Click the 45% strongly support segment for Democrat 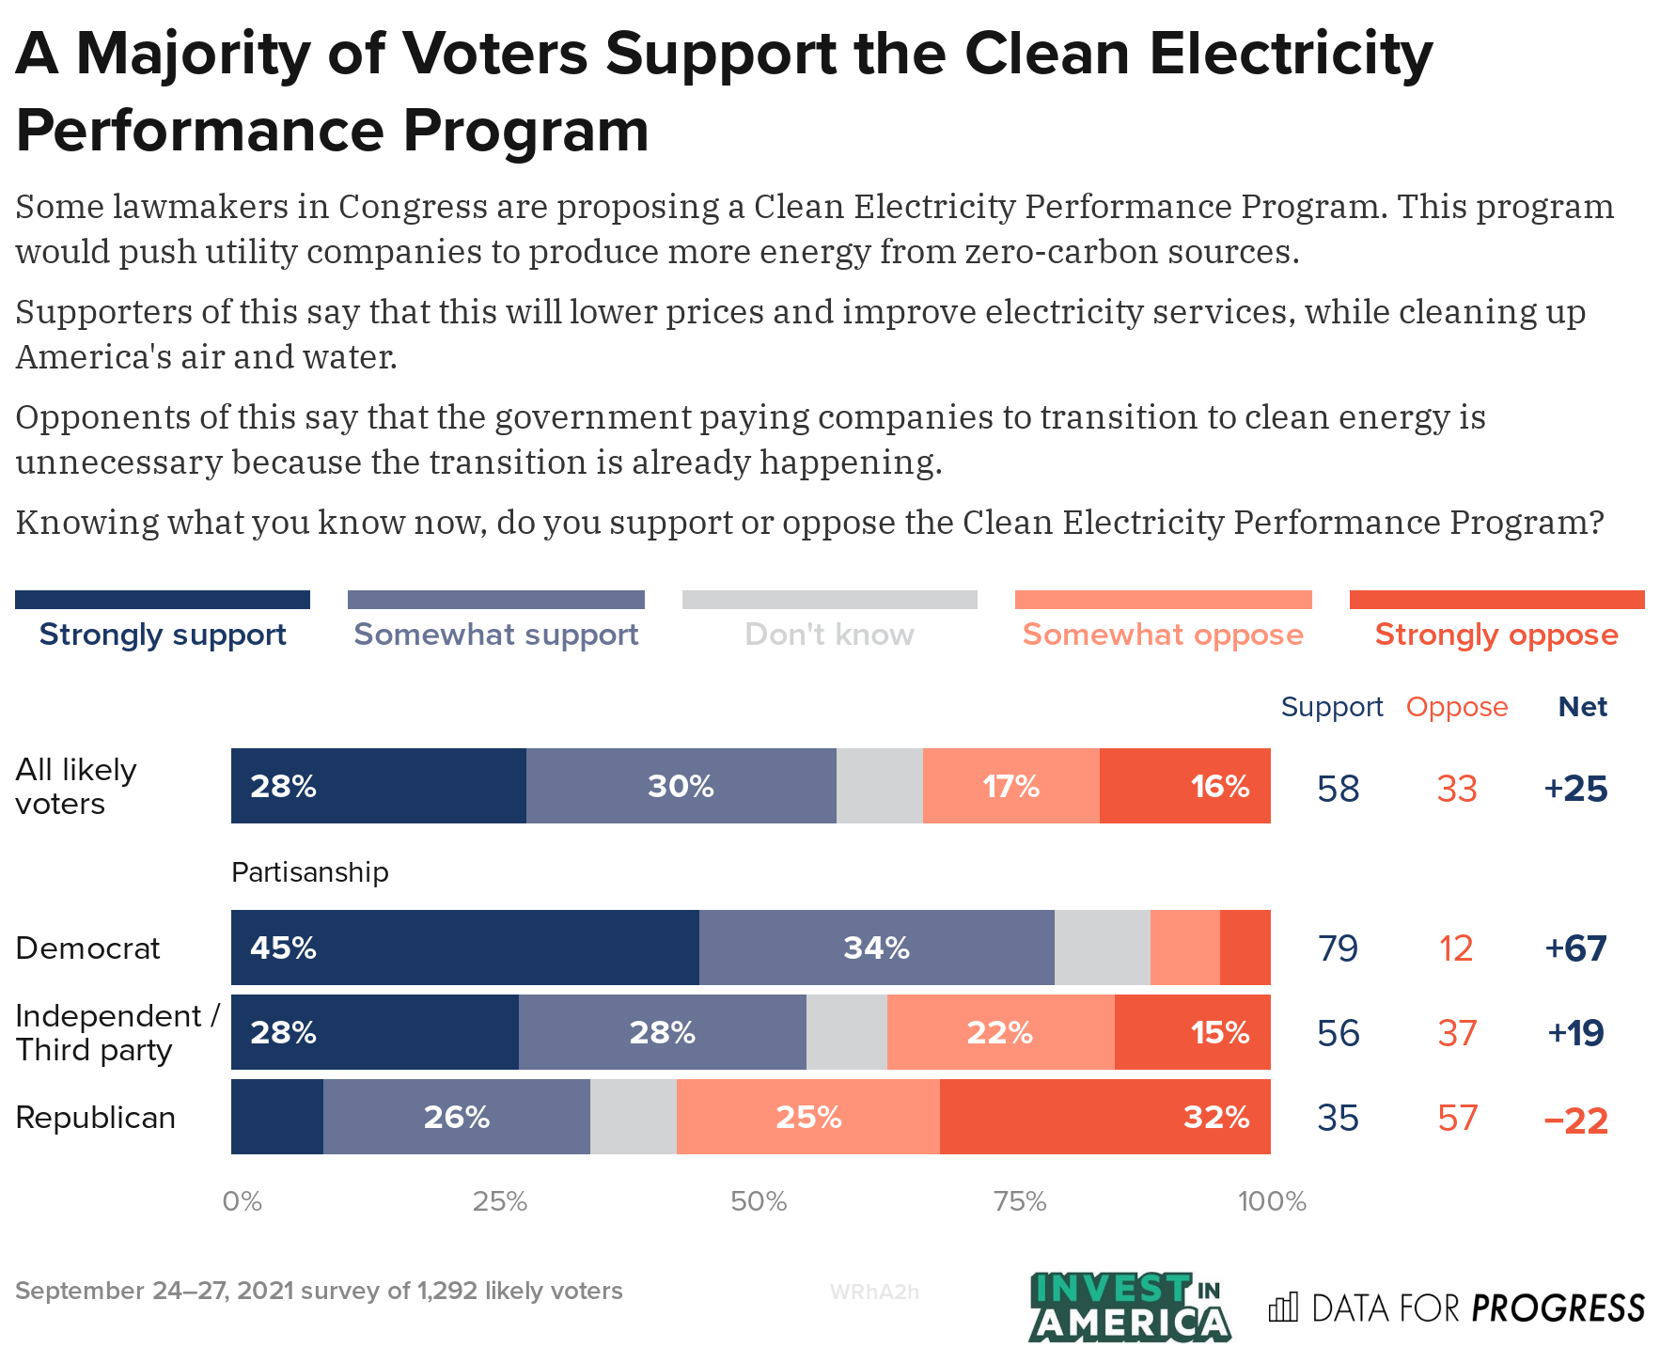(x=464, y=948)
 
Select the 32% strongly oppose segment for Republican (x=1104, y=1117)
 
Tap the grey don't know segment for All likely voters (x=879, y=786)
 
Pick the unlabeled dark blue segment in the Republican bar (x=277, y=1117)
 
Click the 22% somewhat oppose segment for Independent (x=1000, y=1032)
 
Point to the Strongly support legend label (x=163, y=634)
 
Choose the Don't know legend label (x=829, y=634)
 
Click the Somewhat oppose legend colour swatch (x=1163, y=600)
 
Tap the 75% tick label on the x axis (x=1020, y=1201)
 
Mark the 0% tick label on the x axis (x=243, y=1201)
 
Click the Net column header (x=1582, y=707)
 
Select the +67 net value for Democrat (x=1575, y=948)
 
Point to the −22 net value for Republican (x=1575, y=1119)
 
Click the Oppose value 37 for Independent (x=1457, y=1033)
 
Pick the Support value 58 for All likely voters (x=1338, y=789)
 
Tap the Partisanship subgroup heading (x=309, y=872)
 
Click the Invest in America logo (x=1129, y=1307)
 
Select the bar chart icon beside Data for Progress (x=1283, y=1308)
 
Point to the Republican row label (x=96, y=1118)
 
